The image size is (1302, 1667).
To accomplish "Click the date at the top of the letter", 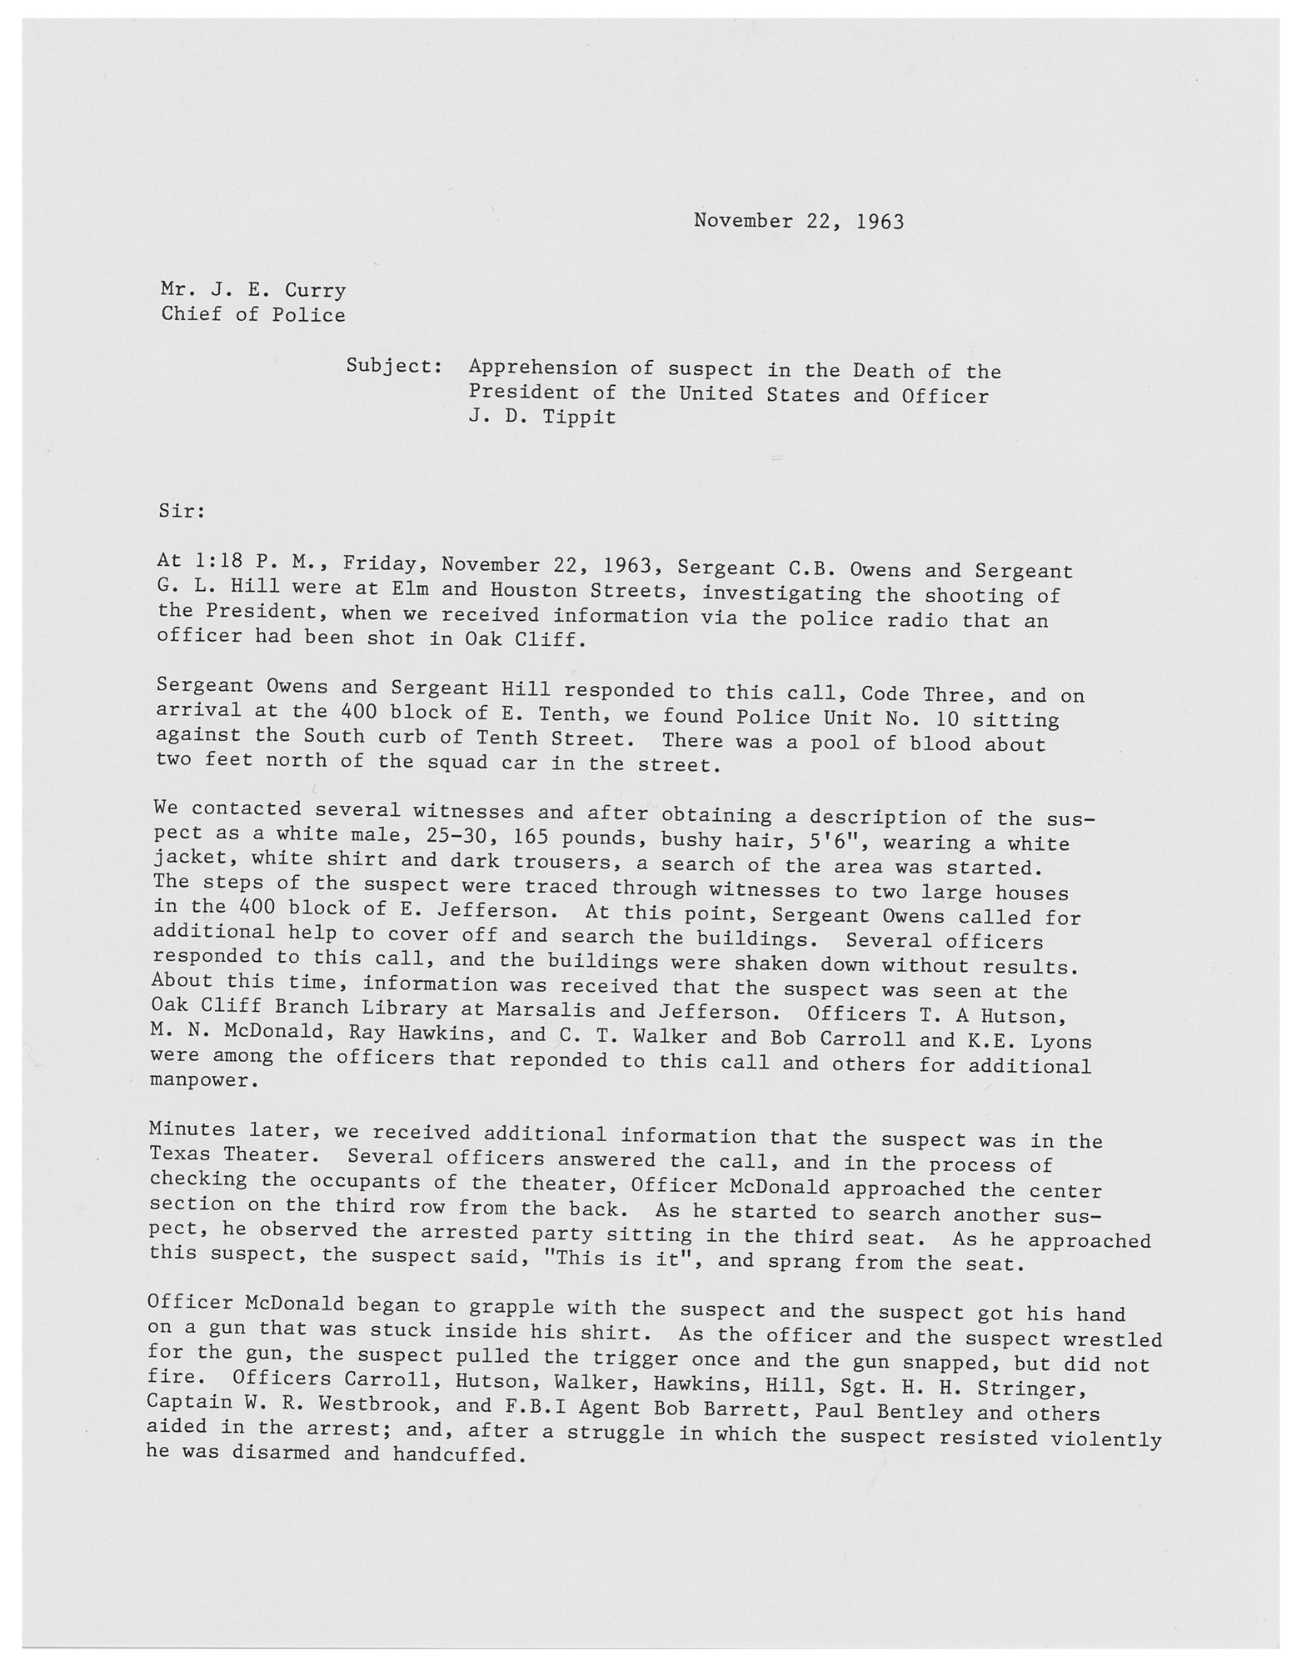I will (x=798, y=222).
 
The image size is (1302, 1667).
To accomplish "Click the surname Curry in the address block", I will (x=315, y=291).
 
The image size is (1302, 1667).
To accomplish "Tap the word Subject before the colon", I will (x=388, y=366).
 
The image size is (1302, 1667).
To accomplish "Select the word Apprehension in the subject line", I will (x=542, y=368).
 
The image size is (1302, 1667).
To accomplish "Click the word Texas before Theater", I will (x=180, y=1154).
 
